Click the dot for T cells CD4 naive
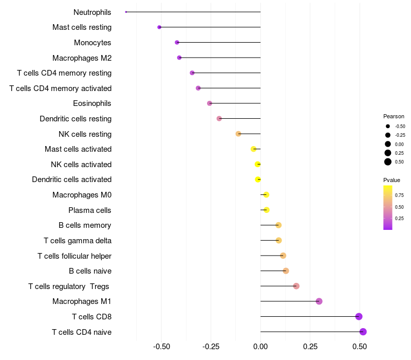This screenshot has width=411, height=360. (x=363, y=332)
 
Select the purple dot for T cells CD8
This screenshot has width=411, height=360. (x=359, y=316)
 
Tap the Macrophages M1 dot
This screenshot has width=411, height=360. (x=319, y=301)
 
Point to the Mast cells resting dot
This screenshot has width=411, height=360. (x=159, y=27)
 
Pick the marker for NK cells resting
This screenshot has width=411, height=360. (x=238, y=134)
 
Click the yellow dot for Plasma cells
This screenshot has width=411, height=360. (x=266, y=210)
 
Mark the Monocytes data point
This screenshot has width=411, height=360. (x=177, y=42)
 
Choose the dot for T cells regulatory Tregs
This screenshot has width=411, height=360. (x=296, y=286)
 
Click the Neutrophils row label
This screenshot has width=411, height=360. (x=92, y=12)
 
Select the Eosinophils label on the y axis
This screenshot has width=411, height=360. (x=92, y=103)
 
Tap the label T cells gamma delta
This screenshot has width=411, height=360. (x=78, y=240)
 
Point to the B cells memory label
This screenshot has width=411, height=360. (x=85, y=225)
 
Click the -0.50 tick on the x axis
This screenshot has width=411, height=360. (x=161, y=347)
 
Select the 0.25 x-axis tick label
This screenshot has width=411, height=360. (x=310, y=347)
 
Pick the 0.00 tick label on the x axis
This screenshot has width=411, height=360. (x=260, y=347)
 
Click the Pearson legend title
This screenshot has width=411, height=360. (x=394, y=116)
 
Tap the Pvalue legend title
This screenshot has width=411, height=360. (x=391, y=180)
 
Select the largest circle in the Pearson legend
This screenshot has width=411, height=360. (x=388, y=162)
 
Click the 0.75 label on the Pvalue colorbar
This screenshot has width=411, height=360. (x=399, y=195)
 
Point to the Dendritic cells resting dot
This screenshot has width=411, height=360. (x=219, y=118)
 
